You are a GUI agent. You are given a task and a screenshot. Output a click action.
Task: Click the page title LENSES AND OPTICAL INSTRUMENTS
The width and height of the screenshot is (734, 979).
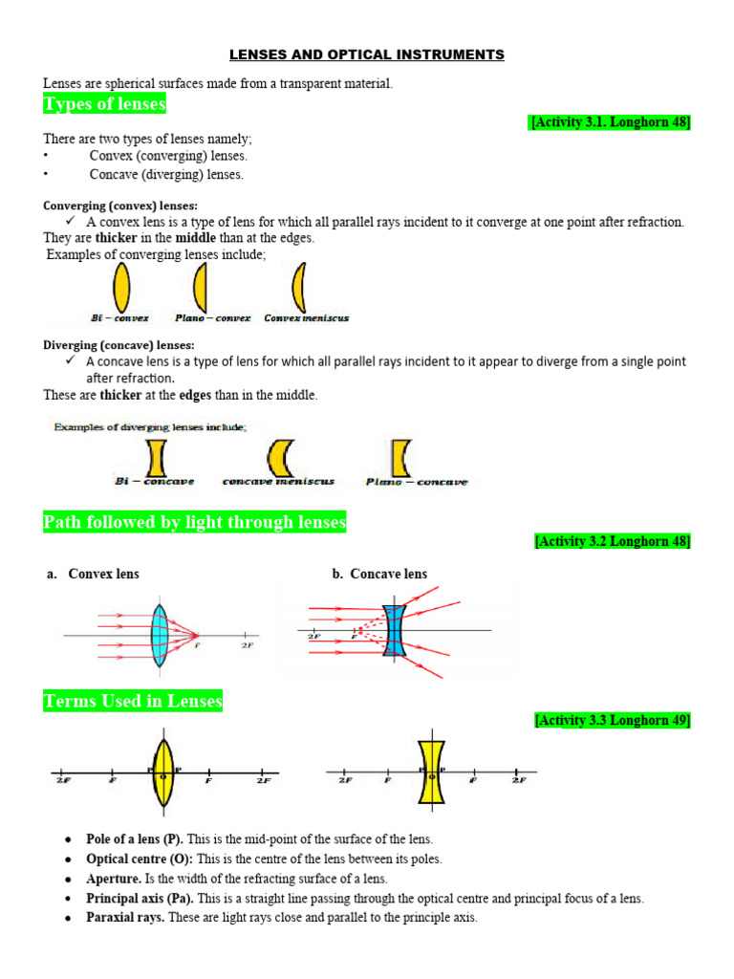point(367,55)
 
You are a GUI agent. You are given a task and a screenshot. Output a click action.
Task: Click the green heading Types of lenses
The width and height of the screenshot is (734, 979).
point(104,103)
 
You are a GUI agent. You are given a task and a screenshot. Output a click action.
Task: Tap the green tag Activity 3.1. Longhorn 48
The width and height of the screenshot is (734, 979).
point(610,122)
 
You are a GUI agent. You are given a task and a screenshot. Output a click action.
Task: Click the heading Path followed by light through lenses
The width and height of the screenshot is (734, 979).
point(195,522)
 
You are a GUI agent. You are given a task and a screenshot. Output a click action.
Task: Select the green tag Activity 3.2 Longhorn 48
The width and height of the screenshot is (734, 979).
point(612,541)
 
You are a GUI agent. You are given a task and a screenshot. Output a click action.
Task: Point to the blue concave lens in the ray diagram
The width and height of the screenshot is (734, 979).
point(395,629)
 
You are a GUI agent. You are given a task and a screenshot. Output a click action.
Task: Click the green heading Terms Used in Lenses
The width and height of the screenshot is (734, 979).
point(133,702)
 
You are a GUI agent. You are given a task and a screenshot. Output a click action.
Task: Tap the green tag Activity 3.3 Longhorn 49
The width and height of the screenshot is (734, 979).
point(612,720)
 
